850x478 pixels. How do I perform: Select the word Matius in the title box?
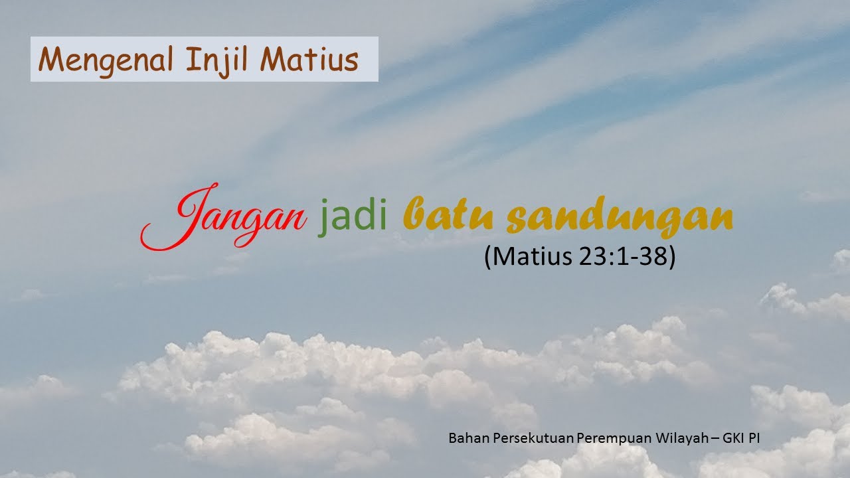pos(309,60)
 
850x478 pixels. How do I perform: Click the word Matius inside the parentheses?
pos(529,256)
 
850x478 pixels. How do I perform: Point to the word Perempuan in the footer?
pos(608,439)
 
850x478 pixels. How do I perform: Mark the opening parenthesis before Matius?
pos(488,257)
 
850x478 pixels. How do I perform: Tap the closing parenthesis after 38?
pos(671,257)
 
